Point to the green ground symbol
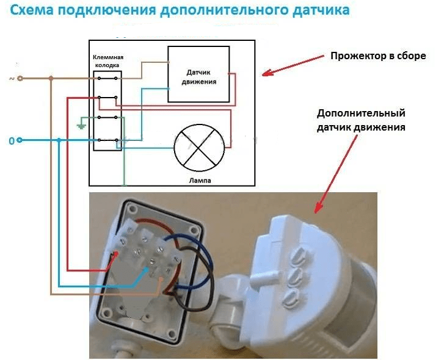(80, 125)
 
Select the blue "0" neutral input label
(10, 141)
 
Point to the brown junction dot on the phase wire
(51, 78)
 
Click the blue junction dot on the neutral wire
(59, 140)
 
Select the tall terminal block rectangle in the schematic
(107, 110)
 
